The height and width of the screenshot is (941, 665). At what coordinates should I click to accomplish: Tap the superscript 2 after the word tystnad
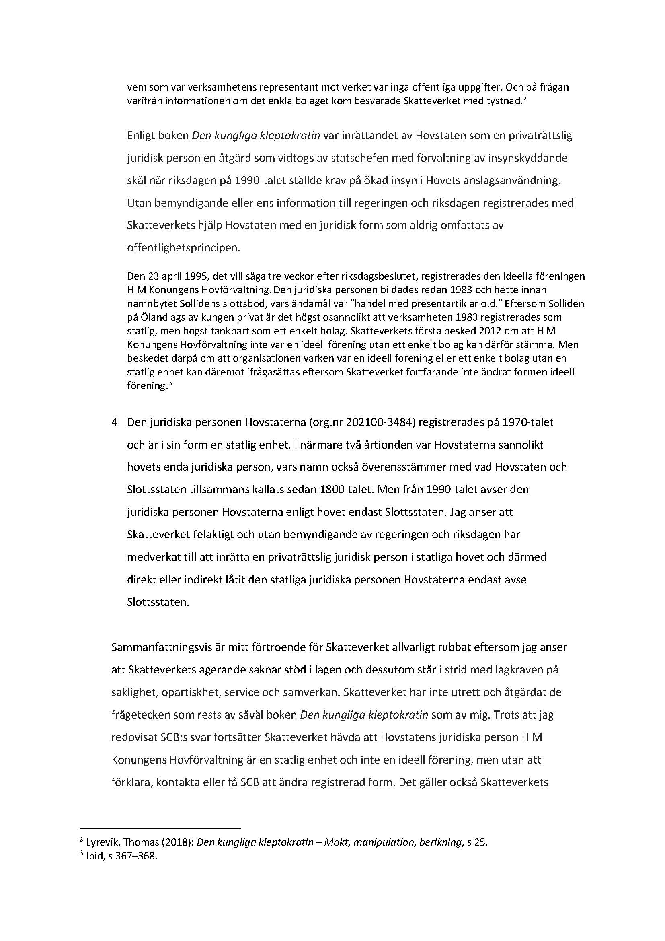click(x=525, y=98)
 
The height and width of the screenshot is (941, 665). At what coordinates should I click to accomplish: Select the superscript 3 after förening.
click(x=169, y=383)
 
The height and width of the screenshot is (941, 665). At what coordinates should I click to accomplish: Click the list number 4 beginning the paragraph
click(x=115, y=422)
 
